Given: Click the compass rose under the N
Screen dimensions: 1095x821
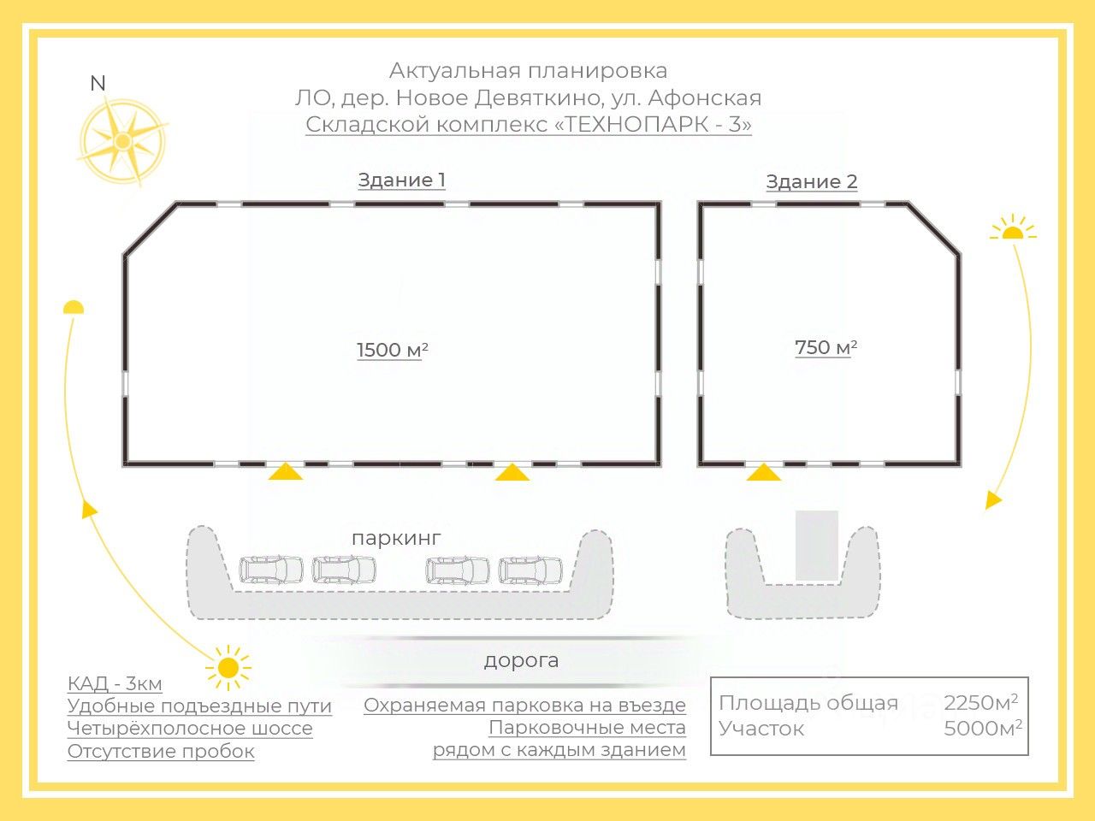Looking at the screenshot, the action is point(122,140).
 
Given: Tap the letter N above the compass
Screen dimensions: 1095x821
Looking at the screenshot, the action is point(98,84).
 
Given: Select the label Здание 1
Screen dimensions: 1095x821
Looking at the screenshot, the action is point(401,180).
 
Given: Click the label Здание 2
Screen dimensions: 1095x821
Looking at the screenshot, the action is point(811,182).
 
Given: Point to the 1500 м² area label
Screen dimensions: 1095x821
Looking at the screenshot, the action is point(392,350).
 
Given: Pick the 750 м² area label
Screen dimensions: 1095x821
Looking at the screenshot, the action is point(826,347).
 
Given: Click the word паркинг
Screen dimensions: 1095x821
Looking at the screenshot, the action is point(396,538).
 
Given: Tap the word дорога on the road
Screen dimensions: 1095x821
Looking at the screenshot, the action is point(521,660).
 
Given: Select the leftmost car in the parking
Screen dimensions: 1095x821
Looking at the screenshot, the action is point(271,570).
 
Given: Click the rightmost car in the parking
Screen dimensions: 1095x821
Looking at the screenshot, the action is point(530,570).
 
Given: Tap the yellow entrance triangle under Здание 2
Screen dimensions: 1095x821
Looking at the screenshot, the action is point(763,472).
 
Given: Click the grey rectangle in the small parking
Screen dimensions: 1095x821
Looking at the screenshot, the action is point(816,546).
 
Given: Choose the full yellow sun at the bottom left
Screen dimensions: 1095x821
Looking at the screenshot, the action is point(228,667).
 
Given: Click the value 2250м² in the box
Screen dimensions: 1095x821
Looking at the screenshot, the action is point(980,703).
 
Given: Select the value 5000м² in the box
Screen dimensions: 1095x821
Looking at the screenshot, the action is point(982,729).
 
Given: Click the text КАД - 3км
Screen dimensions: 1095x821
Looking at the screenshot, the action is point(115,683).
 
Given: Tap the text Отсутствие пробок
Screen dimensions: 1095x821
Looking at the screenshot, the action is point(161,752).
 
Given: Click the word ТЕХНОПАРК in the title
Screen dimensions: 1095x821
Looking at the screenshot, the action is point(637,124).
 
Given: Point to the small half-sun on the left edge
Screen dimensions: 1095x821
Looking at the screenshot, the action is point(74,308).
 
